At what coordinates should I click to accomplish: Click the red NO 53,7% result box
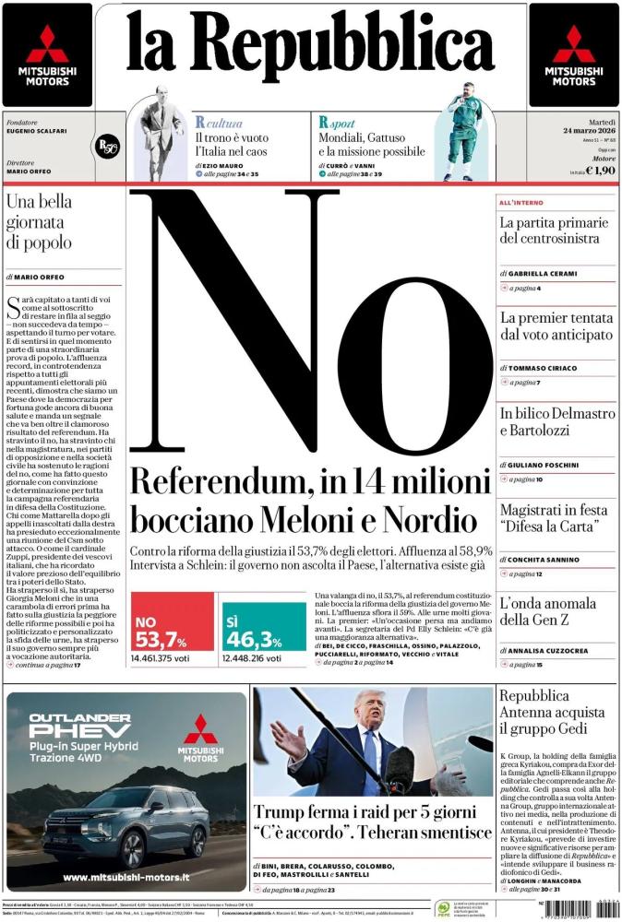173,627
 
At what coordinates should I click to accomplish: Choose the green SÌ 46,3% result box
264,627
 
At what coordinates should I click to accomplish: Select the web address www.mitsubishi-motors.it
127,877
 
